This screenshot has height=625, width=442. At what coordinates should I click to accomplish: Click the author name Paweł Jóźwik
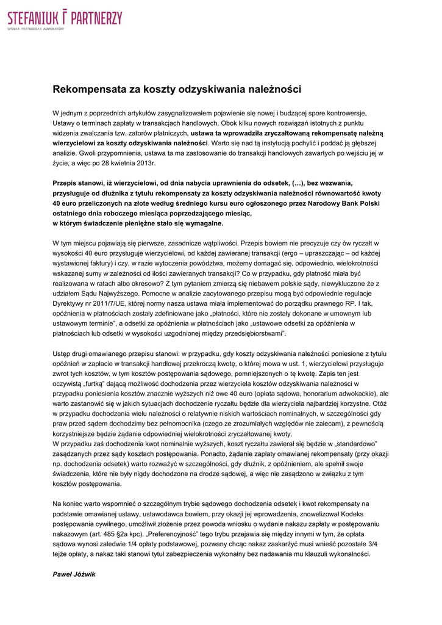[x=74, y=574]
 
